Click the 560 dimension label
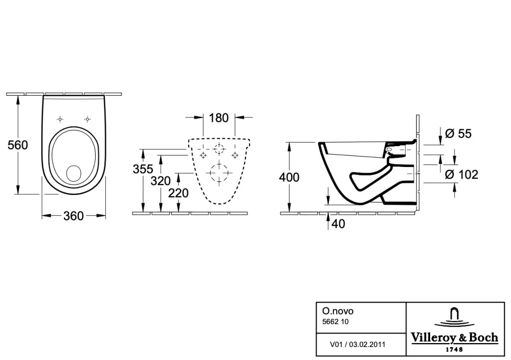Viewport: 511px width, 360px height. click(x=18, y=145)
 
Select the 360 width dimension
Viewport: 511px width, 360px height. click(x=74, y=216)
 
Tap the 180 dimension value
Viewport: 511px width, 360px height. click(x=219, y=118)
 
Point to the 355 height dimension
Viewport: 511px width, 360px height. click(x=143, y=169)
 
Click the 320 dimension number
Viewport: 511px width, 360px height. click(x=161, y=180)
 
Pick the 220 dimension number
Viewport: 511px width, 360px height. click(x=178, y=193)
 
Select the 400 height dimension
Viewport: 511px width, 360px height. click(x=289, y=177)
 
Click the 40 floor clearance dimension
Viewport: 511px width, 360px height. click(x=338, y=224)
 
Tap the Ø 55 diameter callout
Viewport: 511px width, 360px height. click(x=458, y=134)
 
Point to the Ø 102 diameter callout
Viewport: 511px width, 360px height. click(x=462, y=175)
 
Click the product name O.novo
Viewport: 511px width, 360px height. click(x=338, y=311)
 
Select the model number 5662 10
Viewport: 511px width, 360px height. click(x=335, y=322)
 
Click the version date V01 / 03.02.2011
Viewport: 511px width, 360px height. click(x=357, y=345)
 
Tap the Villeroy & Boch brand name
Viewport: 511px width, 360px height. click(x=455, y=338)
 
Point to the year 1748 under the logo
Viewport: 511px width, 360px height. click(x=454, y=350)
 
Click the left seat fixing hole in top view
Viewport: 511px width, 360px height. click(x=60, y=120)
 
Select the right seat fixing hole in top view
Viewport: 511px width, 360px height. click(x=87, y=120)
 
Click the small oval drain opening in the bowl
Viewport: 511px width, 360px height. click(x=74, y=173)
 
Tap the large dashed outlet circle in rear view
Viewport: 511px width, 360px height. click(x=219, y=173)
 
